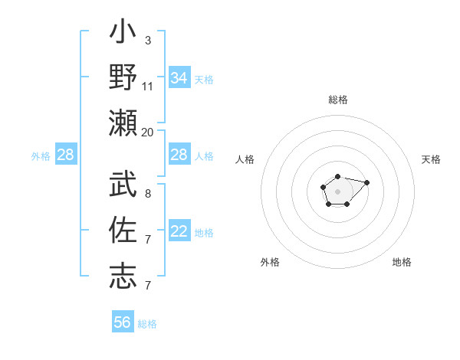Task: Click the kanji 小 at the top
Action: coord(123,35)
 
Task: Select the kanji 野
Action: coord(123,80)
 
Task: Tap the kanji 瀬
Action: coord(123,123)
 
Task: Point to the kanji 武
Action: coord(123,185)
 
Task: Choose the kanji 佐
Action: coord(123,231)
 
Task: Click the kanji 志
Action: coord(123,275)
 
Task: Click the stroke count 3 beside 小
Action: coord(147,41)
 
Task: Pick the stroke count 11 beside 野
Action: coord(148,86)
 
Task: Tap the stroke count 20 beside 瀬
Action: coord(148,132)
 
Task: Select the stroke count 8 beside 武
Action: coord(147,194)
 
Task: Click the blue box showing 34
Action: coord(179,78)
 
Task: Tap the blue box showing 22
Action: coord(179,232)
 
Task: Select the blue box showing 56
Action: coord(123,322)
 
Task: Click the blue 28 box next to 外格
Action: coord(66,155)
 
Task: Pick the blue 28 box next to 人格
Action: coord(179,155)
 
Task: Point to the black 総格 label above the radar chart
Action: coord(337,100)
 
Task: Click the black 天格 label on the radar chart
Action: coord(431,159)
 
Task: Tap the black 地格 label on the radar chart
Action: coord(402,262)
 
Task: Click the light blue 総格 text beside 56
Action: coord(147,324)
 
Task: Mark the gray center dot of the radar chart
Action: coord(337,190)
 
